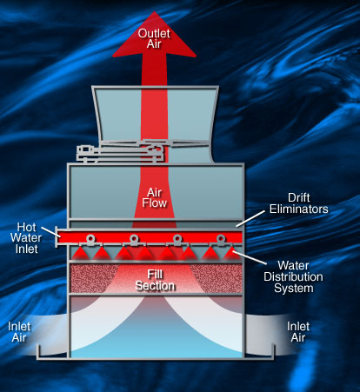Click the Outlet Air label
[x=154, y=38]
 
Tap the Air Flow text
[x=154, y=197]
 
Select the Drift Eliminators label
[x=299, y=203]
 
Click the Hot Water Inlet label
[x=26, y=238]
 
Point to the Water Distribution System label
[x=293, y=276]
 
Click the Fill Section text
[x=155, y=280]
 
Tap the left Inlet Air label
[x=19, y=332]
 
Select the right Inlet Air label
[x=298, y=332]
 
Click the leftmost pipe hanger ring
[x=90, y=239]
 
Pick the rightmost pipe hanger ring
[x=221, y=239]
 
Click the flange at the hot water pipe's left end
[x=57, y=237]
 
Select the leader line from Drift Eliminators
[x=250, y=219]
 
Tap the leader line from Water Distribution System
[x=250, y=257]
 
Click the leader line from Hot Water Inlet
[x=51, y=232]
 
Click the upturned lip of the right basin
[x=273, y=350]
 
